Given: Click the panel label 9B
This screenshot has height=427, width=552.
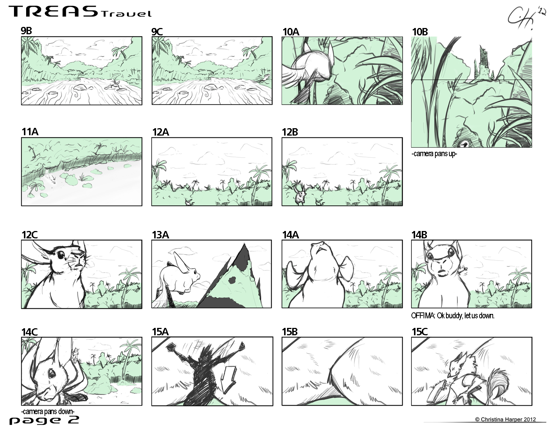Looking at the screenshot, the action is [x=26, y=31].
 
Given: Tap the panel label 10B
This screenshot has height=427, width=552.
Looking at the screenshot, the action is [x=420, y=32].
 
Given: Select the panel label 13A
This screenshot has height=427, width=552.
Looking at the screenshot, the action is [x=160, y=235].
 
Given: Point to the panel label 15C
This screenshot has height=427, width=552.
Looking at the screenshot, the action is [x=420, y=332].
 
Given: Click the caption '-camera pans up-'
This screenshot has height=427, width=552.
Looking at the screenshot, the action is [x=434, y=154].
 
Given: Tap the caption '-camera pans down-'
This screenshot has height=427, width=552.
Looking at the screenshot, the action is [x=48, y=411].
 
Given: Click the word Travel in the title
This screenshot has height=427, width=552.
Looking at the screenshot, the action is [x=127, y=14].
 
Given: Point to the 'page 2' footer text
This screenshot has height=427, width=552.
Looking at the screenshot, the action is [x=44, y=420].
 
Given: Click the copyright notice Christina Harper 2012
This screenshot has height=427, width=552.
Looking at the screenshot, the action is [x=506, y=419].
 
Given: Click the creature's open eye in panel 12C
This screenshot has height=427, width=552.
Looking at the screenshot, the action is [x=60, y=255].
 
